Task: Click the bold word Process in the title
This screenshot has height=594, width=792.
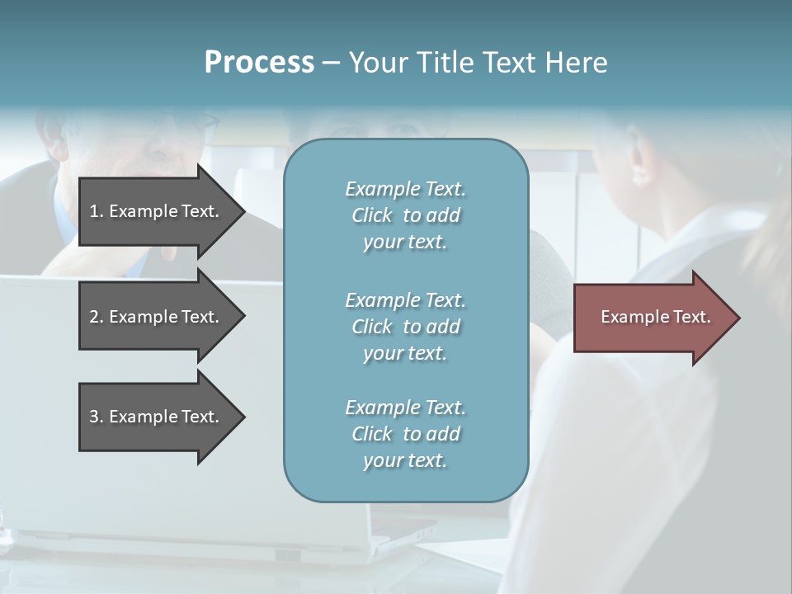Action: (259, 63)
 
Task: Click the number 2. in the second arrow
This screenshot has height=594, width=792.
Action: (96, 317)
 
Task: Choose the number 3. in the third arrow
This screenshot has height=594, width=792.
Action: (96, 417)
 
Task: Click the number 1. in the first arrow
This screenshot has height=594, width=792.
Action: (96, 211)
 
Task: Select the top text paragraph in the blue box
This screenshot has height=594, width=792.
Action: (405, 215)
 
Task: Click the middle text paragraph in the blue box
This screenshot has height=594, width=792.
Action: (405, 327)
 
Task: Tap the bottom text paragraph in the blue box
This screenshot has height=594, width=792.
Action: (405, 434)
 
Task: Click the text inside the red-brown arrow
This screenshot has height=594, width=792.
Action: (656, 317)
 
